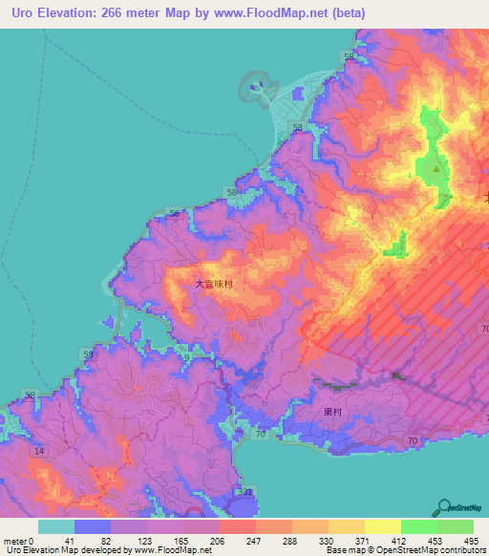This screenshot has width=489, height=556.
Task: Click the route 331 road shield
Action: [244, 491]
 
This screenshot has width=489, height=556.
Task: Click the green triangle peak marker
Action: [436, 169]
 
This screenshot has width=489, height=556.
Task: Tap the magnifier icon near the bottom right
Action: [444, 507]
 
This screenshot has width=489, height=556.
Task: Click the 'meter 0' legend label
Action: [18, 541]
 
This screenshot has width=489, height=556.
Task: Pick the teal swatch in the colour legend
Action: [56, 526]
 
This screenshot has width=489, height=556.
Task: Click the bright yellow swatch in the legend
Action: [383, 526]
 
